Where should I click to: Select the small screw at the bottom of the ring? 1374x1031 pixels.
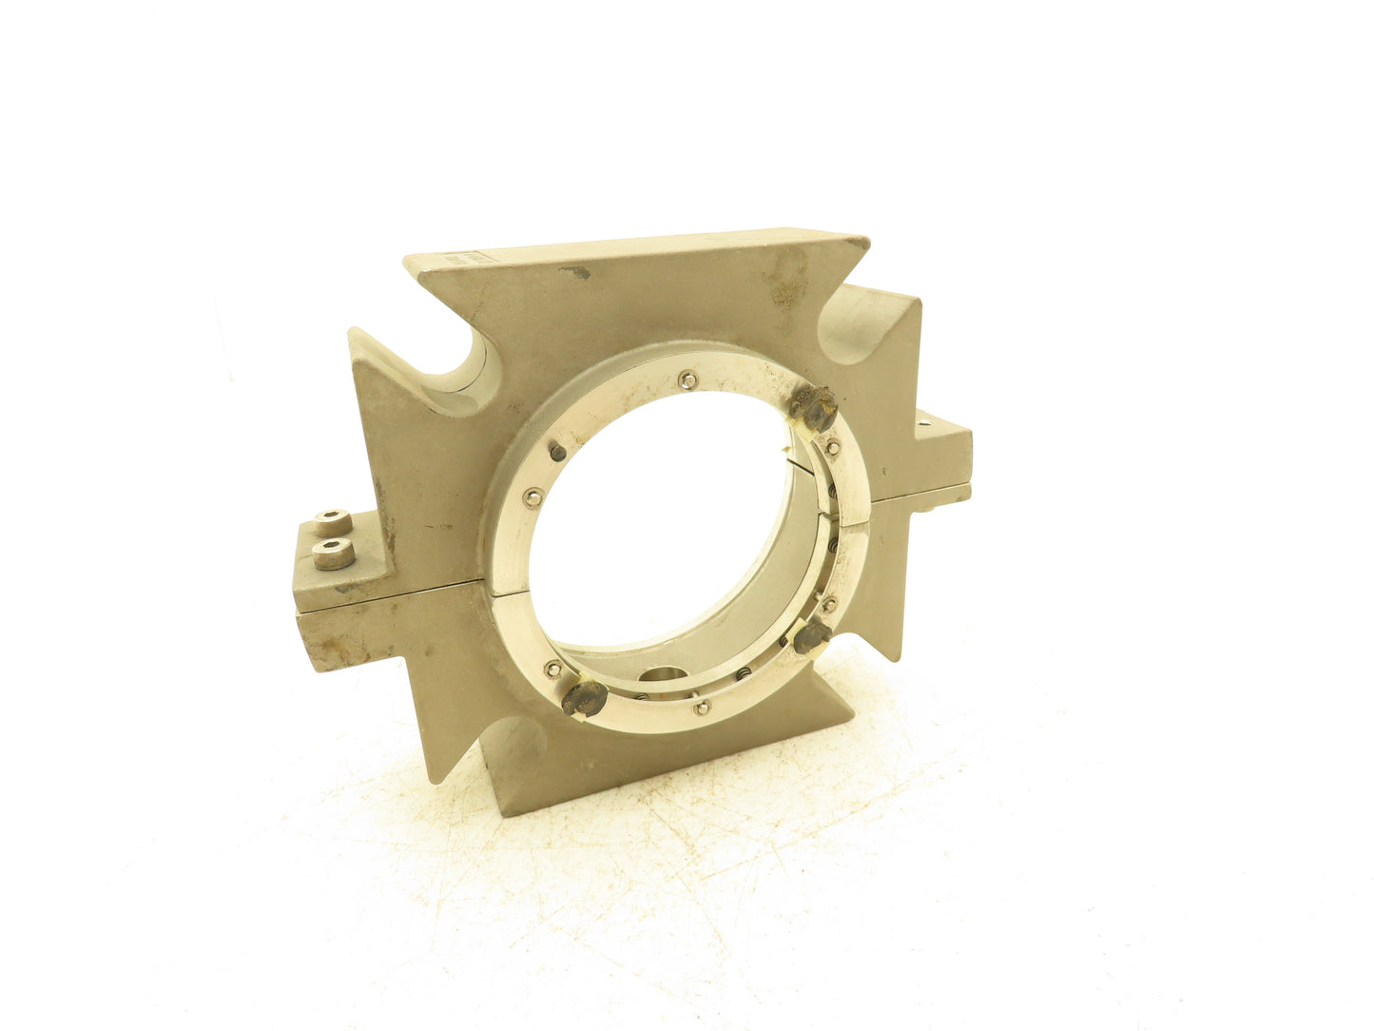(703, 707)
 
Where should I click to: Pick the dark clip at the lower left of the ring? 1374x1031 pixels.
(584, 699)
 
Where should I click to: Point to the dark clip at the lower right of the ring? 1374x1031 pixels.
(814, 637)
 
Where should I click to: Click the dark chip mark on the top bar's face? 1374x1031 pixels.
(573, 274)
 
